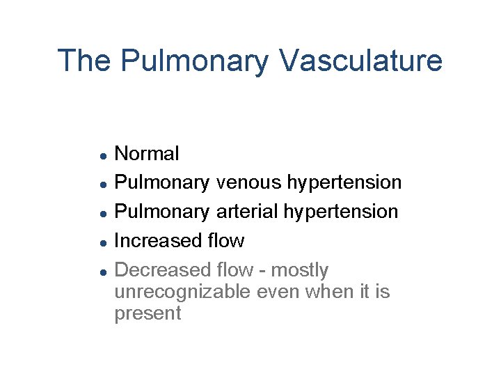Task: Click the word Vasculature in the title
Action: (x=360, y=61)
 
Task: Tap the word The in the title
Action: (x=84, y=61)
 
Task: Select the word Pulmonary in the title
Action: (x=194, y=61)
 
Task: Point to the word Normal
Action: (x=147, y=153)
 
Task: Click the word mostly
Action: (x=300, y=270)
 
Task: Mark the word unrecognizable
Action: (x=183, y=292)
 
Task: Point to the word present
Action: (x=148, y=314)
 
